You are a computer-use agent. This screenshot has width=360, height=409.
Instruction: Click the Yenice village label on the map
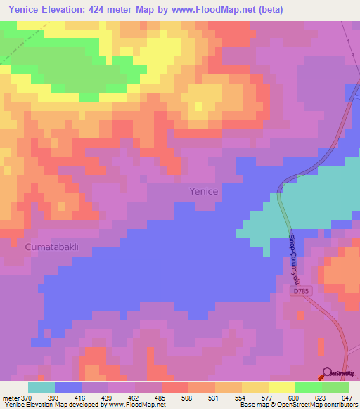[204, 191]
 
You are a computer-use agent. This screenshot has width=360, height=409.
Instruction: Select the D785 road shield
[301, 290]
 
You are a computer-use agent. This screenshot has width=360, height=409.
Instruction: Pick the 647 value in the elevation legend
[347, 397]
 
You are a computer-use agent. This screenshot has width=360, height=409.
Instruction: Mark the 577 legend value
[269, 397]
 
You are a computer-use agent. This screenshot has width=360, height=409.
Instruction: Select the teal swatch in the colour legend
[41, 387]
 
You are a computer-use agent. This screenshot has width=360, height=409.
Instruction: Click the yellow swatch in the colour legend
[255, 387]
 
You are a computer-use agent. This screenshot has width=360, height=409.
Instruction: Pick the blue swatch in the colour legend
[68, 387]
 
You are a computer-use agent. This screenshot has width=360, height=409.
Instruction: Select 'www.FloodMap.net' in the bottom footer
[138, 405]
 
